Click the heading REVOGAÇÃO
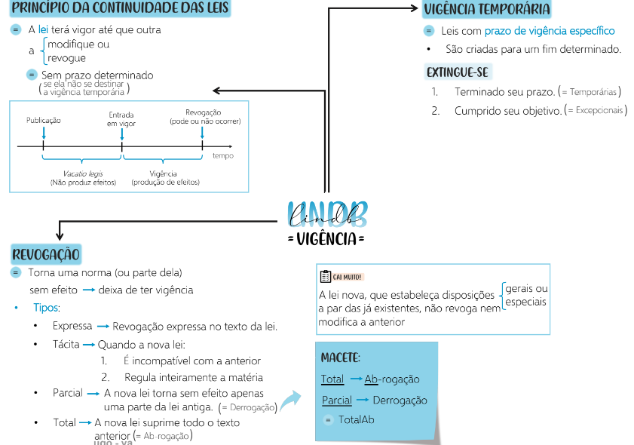point(46,254)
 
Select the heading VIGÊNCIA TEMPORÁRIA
point(486,10)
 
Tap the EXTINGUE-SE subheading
point(458,72)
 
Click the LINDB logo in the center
point(326,213)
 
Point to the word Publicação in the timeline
point(44,120)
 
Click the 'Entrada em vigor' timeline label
point(121,119)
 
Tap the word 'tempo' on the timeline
point(222,155)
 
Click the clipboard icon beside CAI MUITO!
point(325,276)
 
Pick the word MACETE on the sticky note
point(340,357)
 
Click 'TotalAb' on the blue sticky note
point(356,419)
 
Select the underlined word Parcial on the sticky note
point(337,400)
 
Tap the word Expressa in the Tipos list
point(72,326)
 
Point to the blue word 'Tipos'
point(46,308)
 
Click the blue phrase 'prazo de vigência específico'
point(550,31)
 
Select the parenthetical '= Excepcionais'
point(596,110)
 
